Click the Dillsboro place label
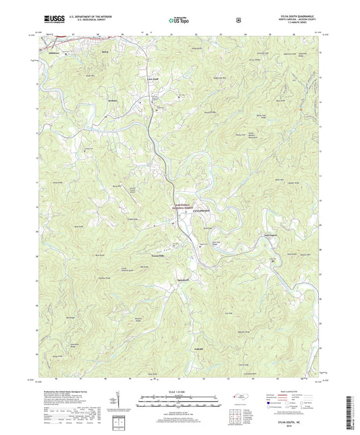[54, 51]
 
